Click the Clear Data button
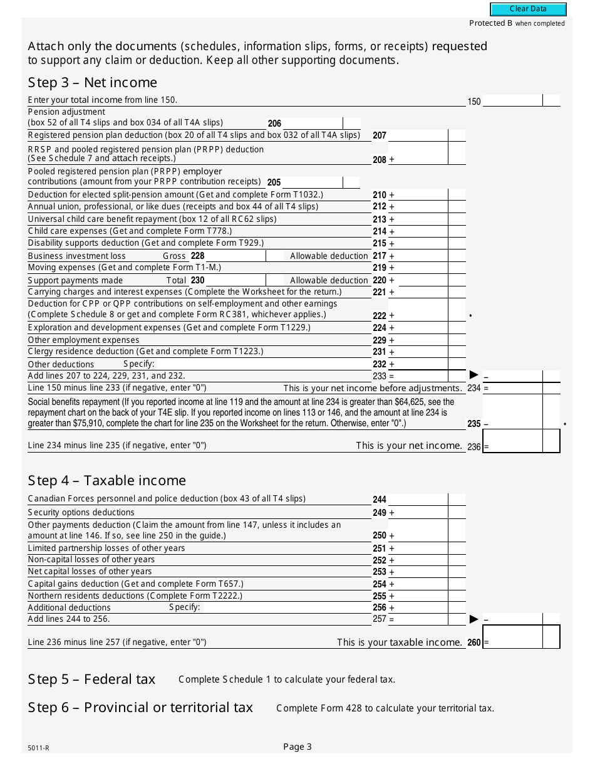coord(528,9)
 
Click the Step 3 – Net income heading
coord(93,83)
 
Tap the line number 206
coord(274,123)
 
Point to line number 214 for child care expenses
coord(380,231)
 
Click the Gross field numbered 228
coord(235,256)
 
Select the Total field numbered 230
coord(235,280)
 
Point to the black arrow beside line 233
coord(474,375)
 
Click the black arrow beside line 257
coord(474,619)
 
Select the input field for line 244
coord(418,500)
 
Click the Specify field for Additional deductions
coord(285,607)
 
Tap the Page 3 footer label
coord(297,746)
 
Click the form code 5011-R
coord(38,748)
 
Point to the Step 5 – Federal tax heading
coord(91,679)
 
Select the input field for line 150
coord(512,100)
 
